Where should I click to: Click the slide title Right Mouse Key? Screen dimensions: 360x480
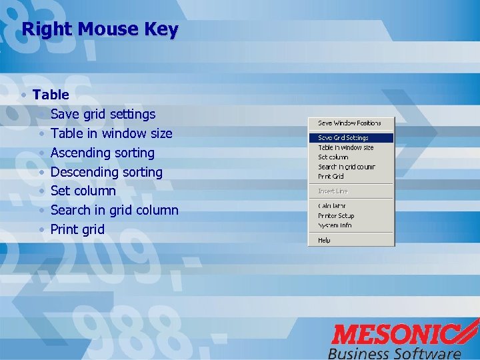pos(100,30)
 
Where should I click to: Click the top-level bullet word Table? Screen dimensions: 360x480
pos(51,95)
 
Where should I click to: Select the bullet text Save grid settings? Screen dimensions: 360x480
pos(103,114)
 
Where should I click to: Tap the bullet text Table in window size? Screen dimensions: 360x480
pos(111,133)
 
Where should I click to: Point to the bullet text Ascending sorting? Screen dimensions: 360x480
pos(102,153)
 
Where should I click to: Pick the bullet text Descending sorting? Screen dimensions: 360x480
pos(106,172)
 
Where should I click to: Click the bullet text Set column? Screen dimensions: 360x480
pos(83,191)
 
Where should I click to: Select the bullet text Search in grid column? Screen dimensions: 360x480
pos(114,210)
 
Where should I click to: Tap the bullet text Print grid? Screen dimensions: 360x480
pos(77,229)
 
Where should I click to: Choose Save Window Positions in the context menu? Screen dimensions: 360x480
pos(349,123)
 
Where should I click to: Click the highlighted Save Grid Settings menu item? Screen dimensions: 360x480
pos(343,138)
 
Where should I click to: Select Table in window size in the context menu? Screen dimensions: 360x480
pos(345,147)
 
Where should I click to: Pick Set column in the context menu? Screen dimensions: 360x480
pos(333,157)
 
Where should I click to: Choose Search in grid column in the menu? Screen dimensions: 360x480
pos(346,167)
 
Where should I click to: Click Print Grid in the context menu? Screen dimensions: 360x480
pos(331,177)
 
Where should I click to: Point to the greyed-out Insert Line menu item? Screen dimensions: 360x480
pos(333,191)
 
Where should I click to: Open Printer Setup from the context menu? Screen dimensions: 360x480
pos(336,216)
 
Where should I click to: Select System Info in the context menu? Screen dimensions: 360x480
pos(335,225)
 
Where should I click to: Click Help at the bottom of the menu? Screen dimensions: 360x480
pos(324,240)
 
